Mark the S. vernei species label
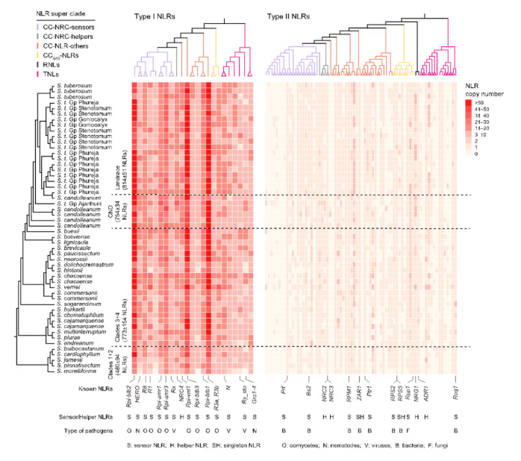click(66, 288)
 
